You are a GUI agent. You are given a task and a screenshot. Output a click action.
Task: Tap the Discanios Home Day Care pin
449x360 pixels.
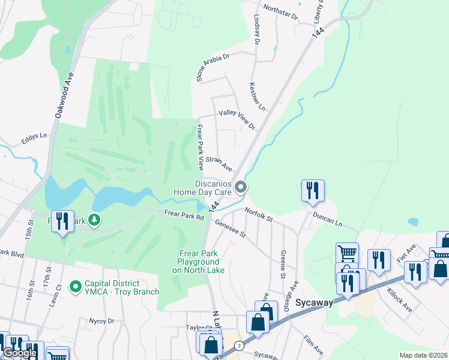(241, 188)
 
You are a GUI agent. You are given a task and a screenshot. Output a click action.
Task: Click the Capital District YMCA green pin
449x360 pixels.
(75, 287)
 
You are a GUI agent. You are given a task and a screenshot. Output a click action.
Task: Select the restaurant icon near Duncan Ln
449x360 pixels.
(312, 190)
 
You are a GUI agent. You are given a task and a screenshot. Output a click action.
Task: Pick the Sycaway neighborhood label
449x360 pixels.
(313, 302)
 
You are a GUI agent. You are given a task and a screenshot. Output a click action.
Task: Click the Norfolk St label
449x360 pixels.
(259, 213)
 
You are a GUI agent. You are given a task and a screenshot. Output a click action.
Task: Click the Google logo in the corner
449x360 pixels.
(19, 353)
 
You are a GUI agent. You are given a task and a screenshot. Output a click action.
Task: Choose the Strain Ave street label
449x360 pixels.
(218, 163)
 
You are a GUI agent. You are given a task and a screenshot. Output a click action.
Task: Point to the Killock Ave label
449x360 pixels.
(399, 303)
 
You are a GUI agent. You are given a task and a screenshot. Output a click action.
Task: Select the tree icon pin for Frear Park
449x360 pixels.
(94, 220)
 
